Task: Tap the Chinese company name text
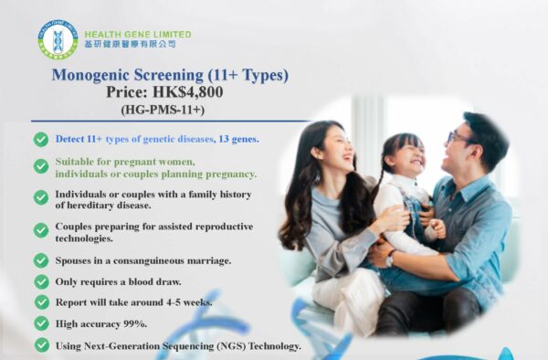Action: coord(129,44)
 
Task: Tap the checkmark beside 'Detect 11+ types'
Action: coord(41,139)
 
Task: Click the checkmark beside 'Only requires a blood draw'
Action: coord(41,281)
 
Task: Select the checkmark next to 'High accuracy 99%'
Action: coord(41,323)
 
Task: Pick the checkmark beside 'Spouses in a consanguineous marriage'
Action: coord(41,260)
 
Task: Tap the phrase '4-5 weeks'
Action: coord(188,302)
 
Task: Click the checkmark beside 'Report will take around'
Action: coord(41,302)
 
